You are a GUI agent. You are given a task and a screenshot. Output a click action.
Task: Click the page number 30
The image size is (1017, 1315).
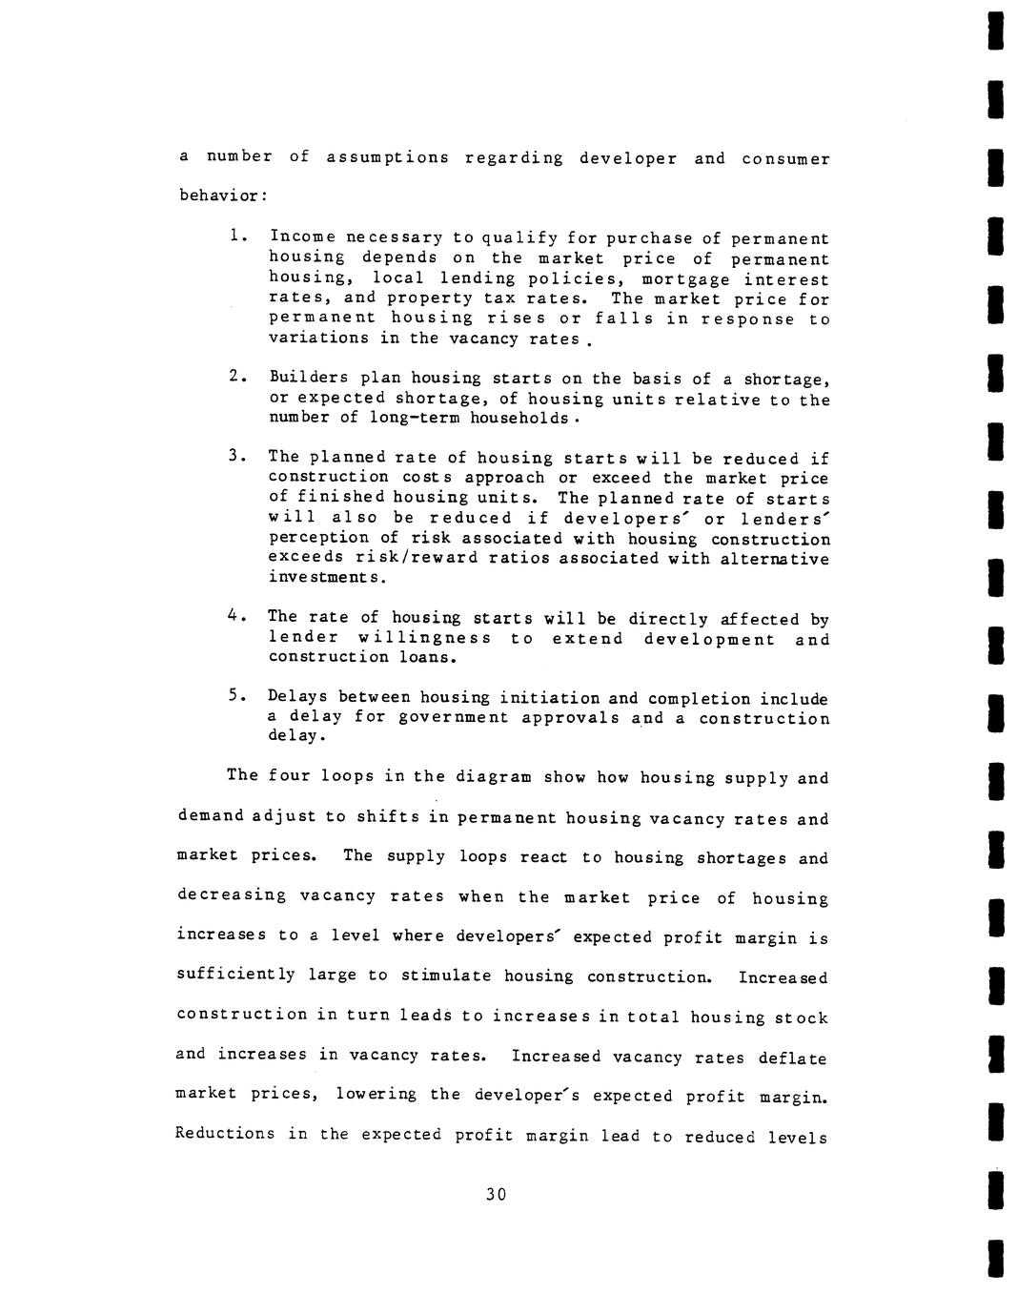495,1194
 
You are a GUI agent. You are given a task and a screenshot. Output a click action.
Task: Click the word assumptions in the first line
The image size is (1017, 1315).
387,157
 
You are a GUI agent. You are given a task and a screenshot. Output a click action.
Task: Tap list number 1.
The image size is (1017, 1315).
237,236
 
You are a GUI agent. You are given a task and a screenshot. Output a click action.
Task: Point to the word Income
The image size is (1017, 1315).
302,236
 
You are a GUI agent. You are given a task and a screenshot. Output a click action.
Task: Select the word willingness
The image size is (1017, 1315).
425,638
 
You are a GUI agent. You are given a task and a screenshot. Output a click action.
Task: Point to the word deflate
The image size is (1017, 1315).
792,1058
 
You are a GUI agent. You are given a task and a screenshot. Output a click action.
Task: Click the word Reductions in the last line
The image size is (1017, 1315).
225,1134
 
